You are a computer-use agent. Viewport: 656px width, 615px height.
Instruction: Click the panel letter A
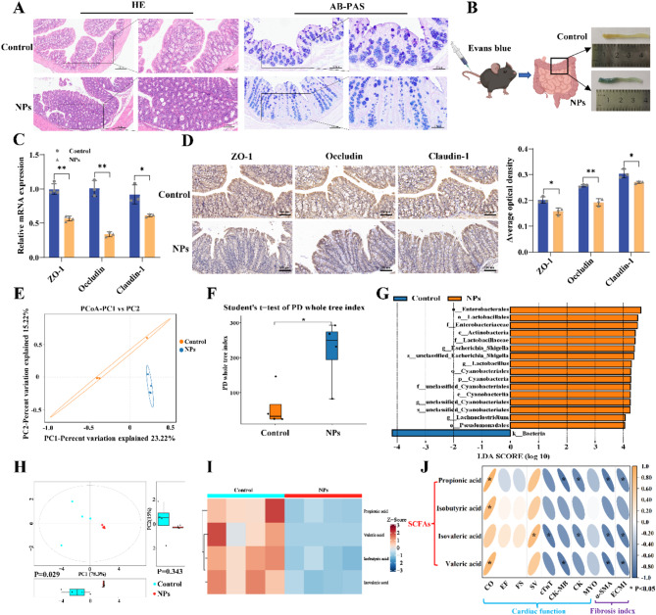(10, 9)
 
